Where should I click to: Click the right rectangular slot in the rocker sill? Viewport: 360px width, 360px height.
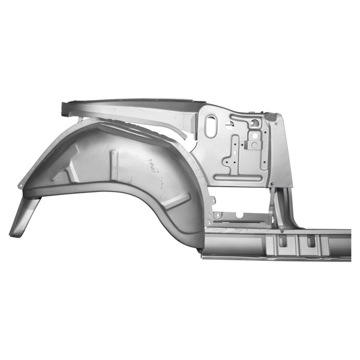pyautogui.click(x=311, y=241)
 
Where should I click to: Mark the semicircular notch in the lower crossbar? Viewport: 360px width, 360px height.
pyautogui.click(x=239, y=215)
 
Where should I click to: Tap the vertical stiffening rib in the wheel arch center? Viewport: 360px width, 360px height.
pyautogui.click(x=113, y=161)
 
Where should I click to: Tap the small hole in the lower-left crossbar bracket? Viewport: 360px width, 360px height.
pyautogui.click(x=217, y=215)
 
